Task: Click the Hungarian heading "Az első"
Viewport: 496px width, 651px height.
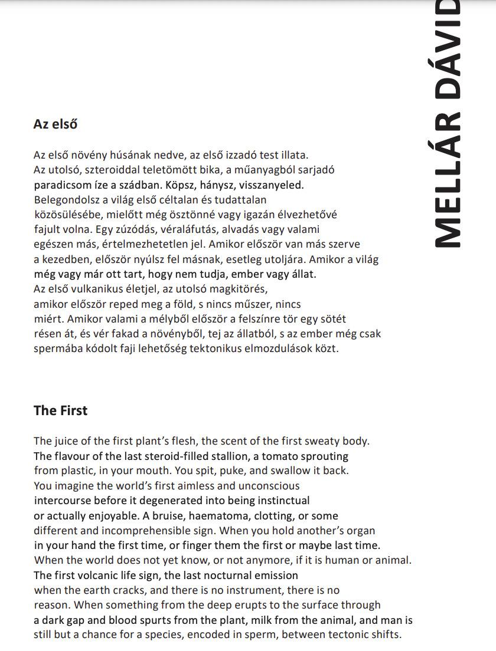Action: pos(56,124)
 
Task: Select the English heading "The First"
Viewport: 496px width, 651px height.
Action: pos(60,411)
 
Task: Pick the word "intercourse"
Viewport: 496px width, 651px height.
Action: pos(63,501)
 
